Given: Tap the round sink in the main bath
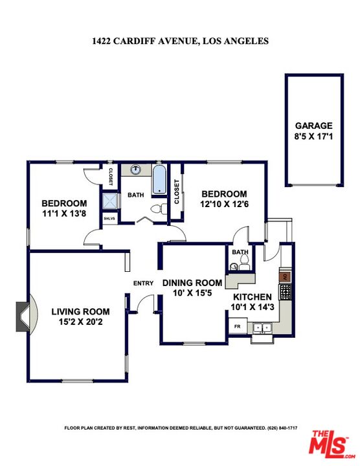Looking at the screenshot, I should click(135, 170).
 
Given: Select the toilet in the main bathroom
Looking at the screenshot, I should click(155, 209).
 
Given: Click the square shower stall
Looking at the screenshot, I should click(110, 201).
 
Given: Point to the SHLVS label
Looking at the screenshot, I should click(109, 218).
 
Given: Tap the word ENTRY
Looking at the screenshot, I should click(143, 283).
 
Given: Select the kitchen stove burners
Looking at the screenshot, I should click(284, 290).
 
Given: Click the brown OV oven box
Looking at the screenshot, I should click(284, 276).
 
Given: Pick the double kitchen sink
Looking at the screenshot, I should click(264, 328).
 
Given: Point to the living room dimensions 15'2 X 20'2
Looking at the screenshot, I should click(80, 322).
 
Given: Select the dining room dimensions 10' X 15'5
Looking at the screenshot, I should click(192, 293).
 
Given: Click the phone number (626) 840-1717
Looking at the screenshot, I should click(279, 428).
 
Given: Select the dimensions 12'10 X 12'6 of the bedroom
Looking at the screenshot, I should click(223, 205).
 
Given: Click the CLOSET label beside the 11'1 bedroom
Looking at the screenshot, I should click(110, 176).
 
